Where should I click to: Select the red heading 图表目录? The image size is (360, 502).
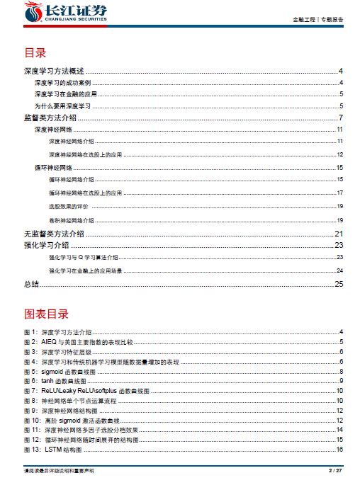(x=46, y=313)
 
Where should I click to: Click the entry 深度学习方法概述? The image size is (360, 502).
(x=54, y=71)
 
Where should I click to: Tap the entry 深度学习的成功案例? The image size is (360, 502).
(x=62, y=83)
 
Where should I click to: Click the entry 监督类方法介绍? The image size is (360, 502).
(x=50, y=117)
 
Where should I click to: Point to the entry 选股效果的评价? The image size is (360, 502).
(x=69, y=206)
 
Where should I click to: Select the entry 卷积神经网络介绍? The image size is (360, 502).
(x=72, y=221)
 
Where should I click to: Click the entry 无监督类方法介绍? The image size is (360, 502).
(x=54, y=234)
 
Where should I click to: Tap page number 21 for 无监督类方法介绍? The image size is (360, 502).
(x=339, y=234)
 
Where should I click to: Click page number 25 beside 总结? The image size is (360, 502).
(x=339, y=284)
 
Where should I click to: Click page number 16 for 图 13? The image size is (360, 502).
(x=340, y=450)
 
